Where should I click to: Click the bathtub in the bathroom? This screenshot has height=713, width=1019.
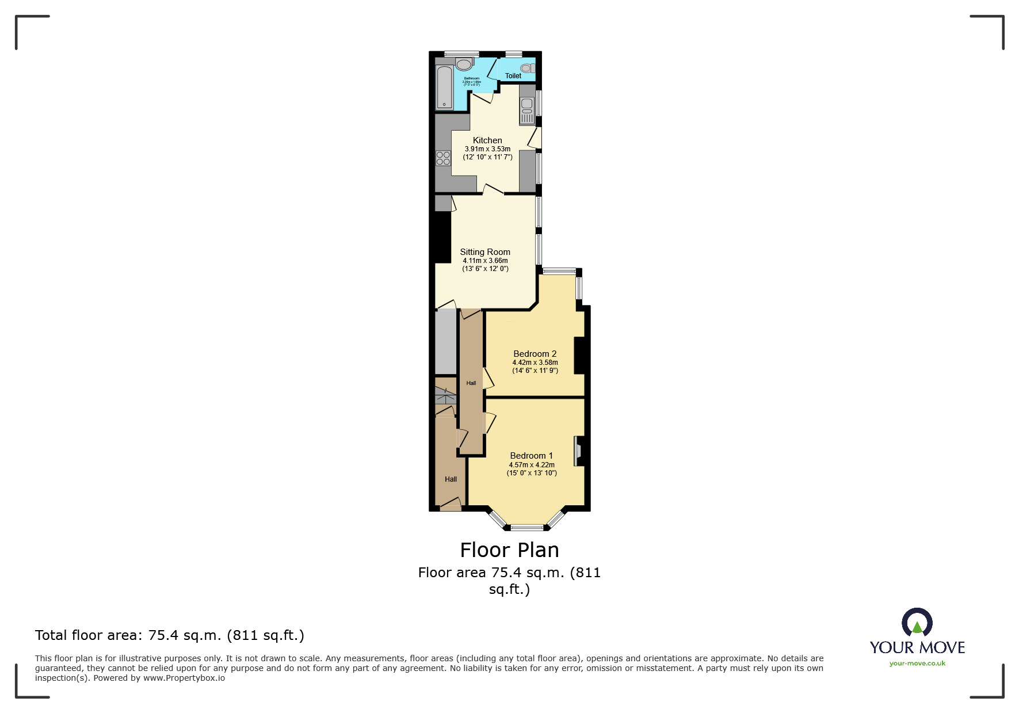pos(444,87)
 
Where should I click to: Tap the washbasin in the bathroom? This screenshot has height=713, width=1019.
pos(464,63)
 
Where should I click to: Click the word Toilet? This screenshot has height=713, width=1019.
pos(513,76)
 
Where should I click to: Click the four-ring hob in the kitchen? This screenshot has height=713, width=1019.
pos(443,158)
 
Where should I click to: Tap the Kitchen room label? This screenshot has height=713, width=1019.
pos(487,140)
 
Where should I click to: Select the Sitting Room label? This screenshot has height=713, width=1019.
pos(485,252)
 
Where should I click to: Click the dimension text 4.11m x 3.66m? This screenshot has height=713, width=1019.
pos(485,261)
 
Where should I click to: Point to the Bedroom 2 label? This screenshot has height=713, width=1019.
pos(535,354)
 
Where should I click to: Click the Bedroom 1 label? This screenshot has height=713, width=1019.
pos(531,456)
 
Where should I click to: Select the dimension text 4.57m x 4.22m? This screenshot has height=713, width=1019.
pos(532,465)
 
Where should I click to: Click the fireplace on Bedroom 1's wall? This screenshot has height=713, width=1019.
pos(578,451)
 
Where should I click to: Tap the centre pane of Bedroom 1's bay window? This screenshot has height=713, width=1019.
pos(527,527)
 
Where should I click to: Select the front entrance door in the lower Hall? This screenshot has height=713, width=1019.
pos(451,505)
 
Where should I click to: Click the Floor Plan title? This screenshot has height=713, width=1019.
pos(509,550)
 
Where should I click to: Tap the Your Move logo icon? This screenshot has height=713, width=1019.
pos(917,623)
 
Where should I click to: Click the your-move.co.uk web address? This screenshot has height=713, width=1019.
pos(917,664)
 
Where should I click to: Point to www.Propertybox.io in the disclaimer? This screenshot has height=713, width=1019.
pos(184,678)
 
